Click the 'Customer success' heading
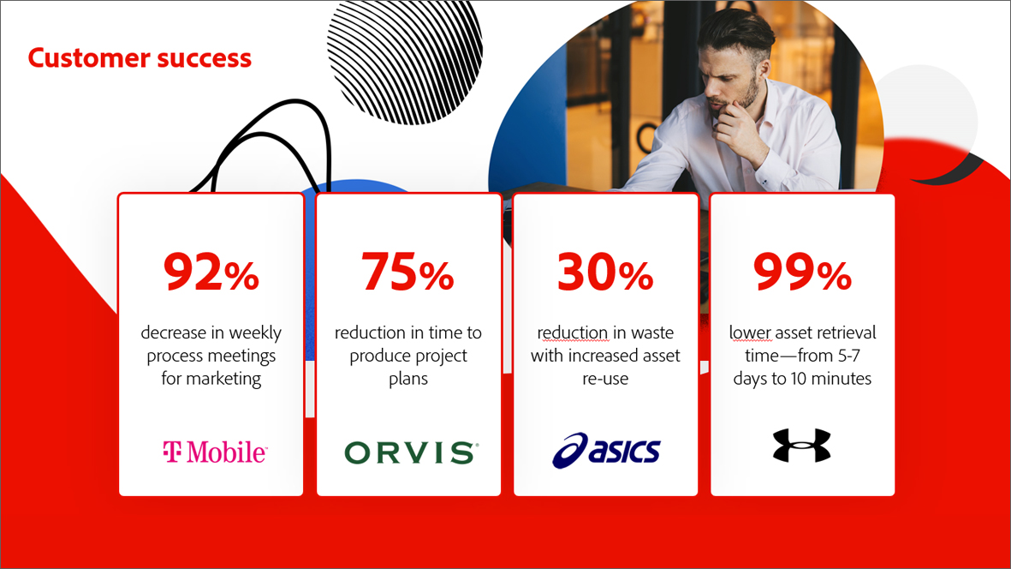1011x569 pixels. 140,58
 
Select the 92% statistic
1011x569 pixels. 211,272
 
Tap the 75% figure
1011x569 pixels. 407,272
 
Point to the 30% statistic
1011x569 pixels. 604,272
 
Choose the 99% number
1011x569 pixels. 802,272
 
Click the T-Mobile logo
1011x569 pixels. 215,452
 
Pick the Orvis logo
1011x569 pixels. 412,452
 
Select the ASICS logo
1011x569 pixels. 606,450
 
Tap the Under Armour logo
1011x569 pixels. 801,445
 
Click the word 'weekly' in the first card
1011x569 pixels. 255,332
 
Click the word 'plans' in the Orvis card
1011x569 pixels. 408,379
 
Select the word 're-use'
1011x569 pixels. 604,379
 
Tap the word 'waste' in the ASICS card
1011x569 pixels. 651,332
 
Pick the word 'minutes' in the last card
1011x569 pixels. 840,379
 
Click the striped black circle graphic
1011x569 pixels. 405,62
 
